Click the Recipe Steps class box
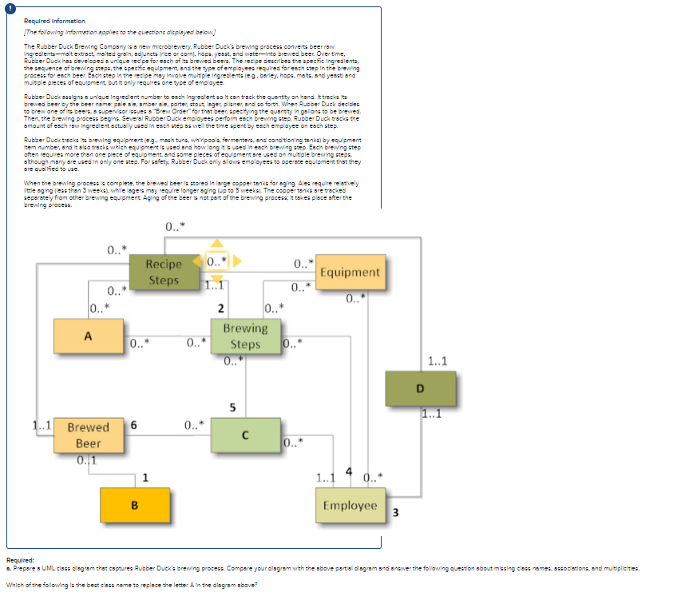coord(164,271)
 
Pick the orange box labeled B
coord(134,505)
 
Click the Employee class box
coord(350,505)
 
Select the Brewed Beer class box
coord(88,435)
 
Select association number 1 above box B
coord(145,478)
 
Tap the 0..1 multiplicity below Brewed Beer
coord(86,459)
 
